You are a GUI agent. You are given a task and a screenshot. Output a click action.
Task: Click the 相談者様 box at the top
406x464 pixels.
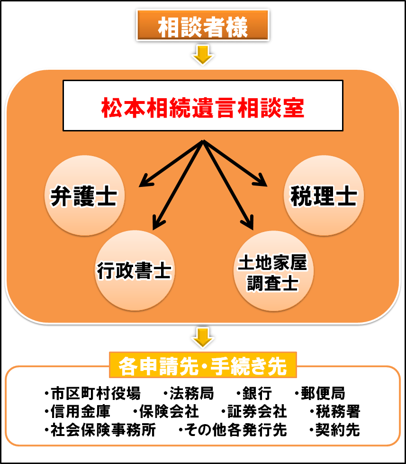pos(203,26)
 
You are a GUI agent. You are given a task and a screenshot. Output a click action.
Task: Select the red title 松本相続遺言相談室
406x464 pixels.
pos(203,108)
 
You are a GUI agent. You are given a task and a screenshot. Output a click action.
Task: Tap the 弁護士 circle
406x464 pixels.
pos(84,195)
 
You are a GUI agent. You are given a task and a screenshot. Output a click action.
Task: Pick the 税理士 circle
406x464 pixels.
pos(324,195)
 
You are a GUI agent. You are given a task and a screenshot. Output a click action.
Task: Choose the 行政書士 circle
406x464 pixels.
pos(135,271)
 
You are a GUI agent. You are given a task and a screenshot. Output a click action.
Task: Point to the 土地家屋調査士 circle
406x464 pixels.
pos(273,271)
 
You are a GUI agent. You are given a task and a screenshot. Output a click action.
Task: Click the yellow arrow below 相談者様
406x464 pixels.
pos(203,55)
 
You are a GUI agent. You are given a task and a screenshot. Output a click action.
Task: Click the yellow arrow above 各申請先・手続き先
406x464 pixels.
pos(203,337)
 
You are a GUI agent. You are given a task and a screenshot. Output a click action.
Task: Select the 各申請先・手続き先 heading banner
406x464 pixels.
pos(203,365)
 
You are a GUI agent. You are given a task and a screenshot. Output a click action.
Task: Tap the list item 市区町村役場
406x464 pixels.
pos(92,393)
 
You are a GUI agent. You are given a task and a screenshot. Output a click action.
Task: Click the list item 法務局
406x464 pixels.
pos(189,393)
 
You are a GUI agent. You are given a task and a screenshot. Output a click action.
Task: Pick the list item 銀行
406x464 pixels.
pos(254,393)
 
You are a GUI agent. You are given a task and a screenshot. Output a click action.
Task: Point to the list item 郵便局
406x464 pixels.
pos(320,393)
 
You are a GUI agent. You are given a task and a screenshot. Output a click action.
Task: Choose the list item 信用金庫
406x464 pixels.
pos(77,412)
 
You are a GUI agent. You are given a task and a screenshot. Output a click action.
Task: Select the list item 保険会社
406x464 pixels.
pos(166,412)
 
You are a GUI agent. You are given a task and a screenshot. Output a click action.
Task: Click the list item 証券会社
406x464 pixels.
pos(254,412)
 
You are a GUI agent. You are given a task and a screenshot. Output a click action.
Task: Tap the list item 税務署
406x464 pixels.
pos(335,412)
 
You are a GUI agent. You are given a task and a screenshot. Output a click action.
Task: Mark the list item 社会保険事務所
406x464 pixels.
pos(100,430)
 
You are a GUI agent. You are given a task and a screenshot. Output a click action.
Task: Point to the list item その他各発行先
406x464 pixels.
pos(233,430)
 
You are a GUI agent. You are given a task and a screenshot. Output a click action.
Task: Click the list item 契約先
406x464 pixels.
pos(334,430)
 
